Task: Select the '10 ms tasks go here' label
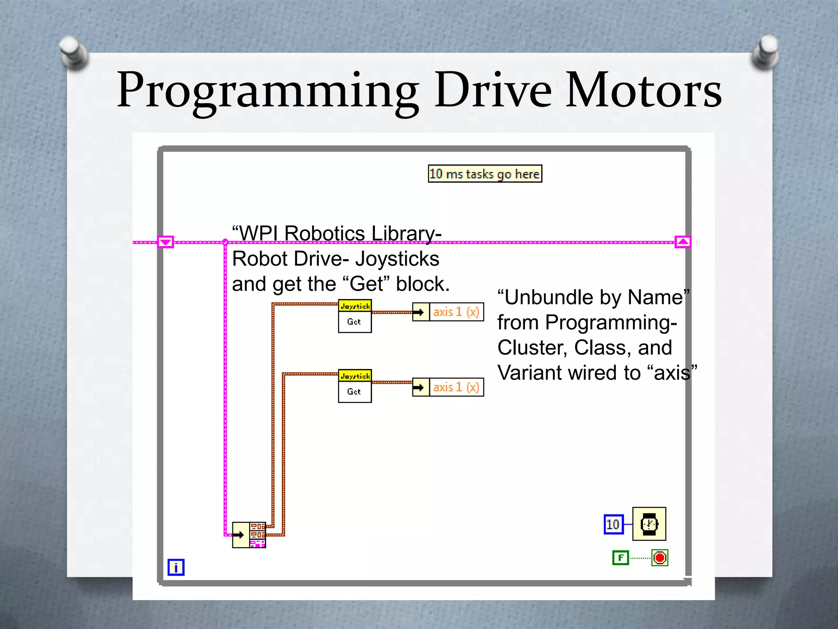tap(485, 174)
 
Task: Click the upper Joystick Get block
tap(355, 316)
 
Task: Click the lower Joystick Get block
tap(355, 386)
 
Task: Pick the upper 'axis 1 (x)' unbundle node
tap(448, 312)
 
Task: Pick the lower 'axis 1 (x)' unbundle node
tap(448, 387)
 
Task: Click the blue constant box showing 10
tap(613, 524)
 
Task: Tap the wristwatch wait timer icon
tap(649, 524)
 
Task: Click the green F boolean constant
tap(620, 558)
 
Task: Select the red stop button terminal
tap(660, 558)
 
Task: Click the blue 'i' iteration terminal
tap(176, 567)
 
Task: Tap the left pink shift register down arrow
tap(165, 242)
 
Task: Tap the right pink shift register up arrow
tap(683, 242)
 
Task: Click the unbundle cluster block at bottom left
tap(249, 535)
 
